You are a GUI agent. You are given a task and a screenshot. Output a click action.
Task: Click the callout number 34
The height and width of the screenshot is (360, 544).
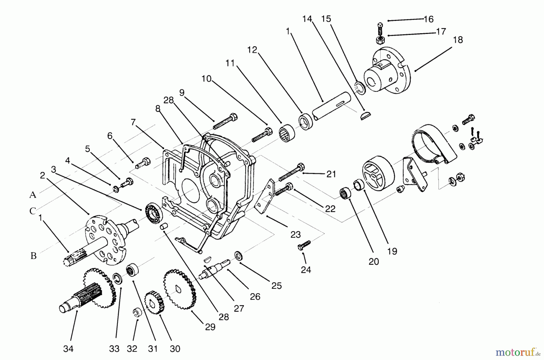point(68,349)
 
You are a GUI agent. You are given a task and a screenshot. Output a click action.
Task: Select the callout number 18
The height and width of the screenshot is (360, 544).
point(458,40)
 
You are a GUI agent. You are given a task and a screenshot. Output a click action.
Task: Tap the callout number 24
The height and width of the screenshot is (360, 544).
point(306,270)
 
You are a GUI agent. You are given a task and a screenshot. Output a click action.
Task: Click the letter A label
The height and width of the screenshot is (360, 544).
point(33,195)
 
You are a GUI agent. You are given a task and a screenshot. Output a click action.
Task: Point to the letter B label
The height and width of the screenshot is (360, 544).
point(34,256)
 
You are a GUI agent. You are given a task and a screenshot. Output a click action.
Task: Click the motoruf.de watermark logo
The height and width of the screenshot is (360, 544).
point(518,352)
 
